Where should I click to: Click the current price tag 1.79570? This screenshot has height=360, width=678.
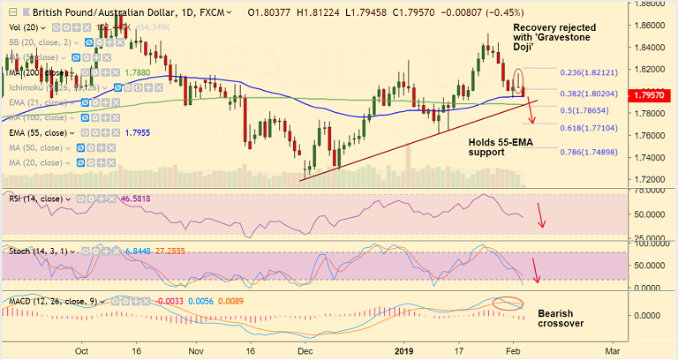coord(652,93)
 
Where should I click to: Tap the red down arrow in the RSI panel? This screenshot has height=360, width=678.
coord(542,218)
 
